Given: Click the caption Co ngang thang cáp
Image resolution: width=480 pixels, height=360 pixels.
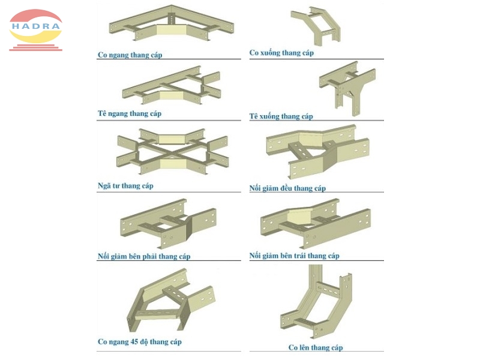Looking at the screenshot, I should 130,55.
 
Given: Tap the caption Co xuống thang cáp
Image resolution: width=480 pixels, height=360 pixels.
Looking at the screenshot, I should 281,53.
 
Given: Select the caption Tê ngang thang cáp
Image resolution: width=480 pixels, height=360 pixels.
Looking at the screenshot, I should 130,113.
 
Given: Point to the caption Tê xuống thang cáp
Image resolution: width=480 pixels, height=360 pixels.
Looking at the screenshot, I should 281,116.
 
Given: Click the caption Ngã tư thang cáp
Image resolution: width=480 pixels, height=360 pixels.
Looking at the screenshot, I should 125,186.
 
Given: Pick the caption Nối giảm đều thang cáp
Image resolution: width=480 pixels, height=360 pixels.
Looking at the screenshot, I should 287,188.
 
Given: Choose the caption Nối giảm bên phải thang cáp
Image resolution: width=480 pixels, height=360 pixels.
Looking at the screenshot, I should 144,257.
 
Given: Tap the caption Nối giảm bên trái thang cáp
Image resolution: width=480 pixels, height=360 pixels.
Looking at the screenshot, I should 294,256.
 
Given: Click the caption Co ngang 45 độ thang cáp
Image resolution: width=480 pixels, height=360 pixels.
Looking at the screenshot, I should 139,342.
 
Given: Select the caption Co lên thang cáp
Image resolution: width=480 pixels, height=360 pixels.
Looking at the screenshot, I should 316,347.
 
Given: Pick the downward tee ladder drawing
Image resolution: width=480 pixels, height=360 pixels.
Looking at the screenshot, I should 346,90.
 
